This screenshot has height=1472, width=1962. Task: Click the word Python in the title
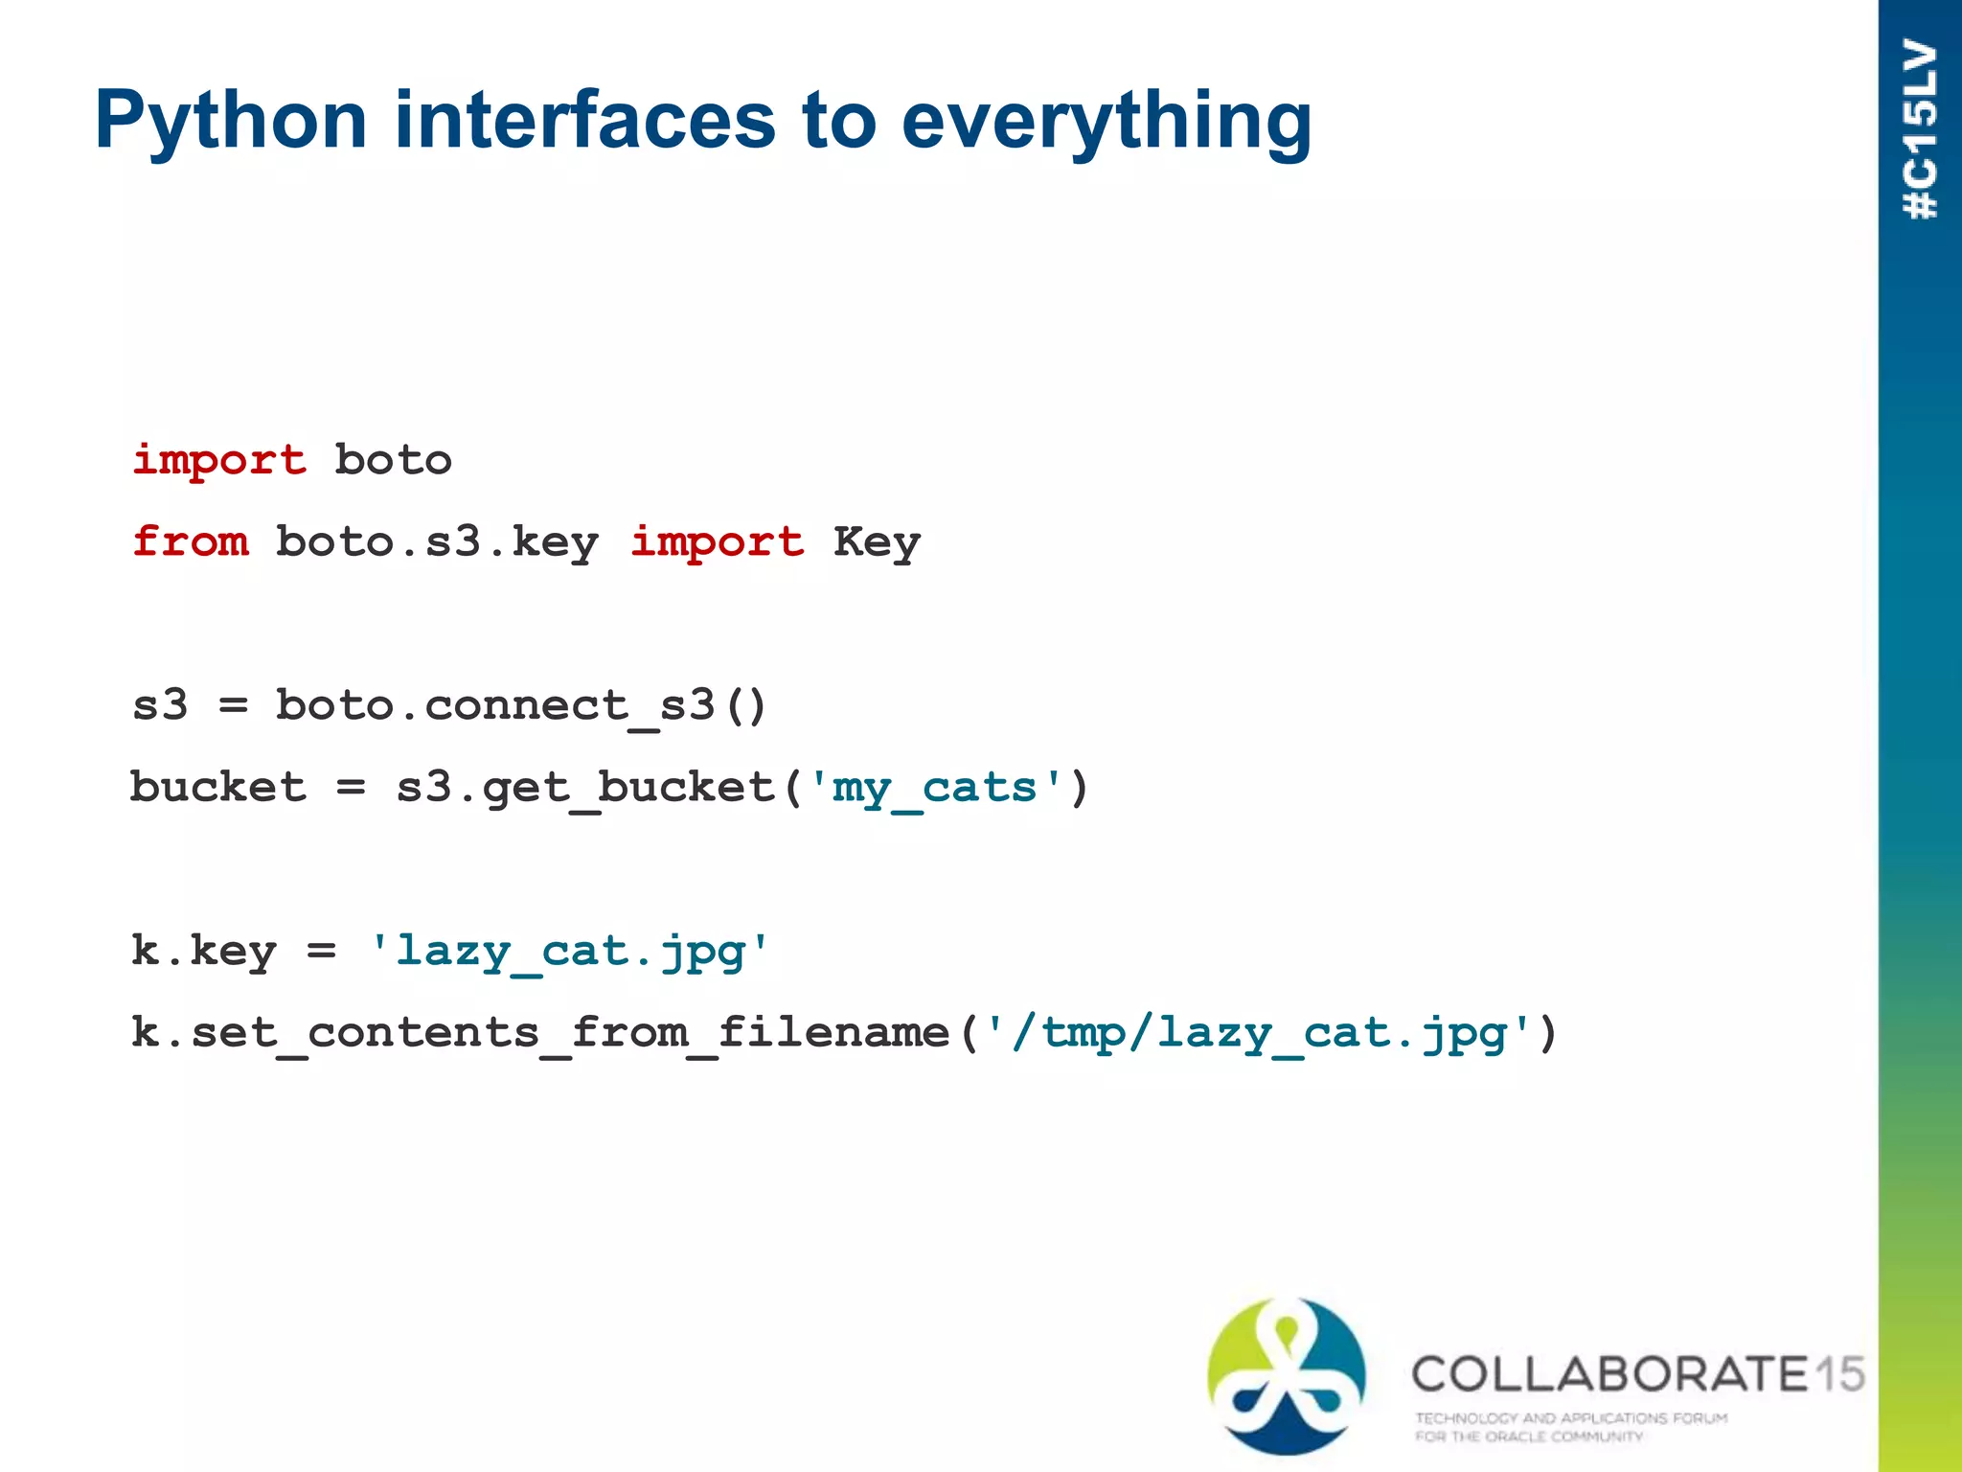click(231, 122)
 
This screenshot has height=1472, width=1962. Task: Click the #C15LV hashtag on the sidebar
click(1920, 129)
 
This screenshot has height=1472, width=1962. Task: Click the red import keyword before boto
click(219, 460)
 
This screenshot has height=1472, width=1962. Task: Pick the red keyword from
click(191, 541)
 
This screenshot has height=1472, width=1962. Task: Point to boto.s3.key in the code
click(437, 542)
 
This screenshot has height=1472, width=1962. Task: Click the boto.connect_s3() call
click(521, 706)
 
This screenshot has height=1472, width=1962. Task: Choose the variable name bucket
click(218, 787)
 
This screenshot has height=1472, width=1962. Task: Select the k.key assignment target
click(204, 952)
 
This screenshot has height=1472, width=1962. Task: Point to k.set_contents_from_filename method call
click(541, 1033)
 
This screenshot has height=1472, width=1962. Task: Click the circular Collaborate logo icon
click(1287, 1375)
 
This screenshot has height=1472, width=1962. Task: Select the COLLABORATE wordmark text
click(1609, 1374)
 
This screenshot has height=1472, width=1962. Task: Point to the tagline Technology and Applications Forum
click(1571, 1417)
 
